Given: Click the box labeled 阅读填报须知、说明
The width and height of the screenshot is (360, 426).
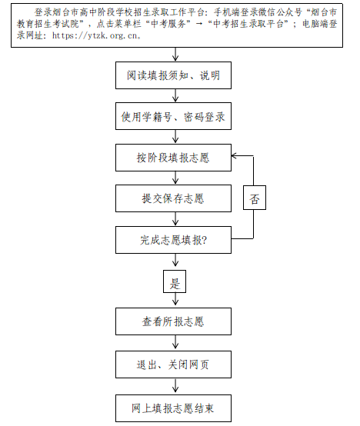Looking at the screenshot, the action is click(173, 75).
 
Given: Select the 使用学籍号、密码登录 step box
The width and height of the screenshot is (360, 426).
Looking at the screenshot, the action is click(173, 116).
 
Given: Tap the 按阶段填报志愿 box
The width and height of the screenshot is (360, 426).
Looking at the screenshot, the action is click(173, 158).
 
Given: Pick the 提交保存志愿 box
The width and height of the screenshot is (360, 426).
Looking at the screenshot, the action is click(173, 198).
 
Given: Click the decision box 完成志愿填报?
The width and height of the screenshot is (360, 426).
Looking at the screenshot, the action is click(173, 240).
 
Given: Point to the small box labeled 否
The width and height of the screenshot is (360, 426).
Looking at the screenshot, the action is click(255, 198).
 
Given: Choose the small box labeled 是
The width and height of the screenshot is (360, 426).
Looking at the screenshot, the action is click(175, 281).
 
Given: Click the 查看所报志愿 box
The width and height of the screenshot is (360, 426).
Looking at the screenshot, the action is click(173, 321).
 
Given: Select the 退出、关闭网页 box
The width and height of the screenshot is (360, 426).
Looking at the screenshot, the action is click(173, 364).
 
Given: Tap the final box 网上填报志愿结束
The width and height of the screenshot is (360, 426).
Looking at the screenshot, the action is click(173, 408).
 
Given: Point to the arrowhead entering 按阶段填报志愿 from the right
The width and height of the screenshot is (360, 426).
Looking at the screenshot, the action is click(233, 156).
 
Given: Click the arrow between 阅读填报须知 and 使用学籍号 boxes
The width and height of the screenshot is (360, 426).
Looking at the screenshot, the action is click(175, 95).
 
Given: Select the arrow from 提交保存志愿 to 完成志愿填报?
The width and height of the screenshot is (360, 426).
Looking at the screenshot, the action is click(175, 219).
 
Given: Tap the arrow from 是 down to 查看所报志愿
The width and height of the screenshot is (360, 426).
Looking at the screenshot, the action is click(175, 300).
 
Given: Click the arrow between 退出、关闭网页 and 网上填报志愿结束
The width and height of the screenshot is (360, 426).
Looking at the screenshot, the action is click(175, 386).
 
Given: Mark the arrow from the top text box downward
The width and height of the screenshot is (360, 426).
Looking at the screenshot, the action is click(175, 55).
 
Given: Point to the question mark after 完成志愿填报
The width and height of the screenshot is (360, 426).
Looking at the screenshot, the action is click(205, 240).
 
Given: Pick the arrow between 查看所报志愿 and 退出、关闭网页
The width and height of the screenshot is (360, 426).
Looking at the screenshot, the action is click(175, 343).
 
